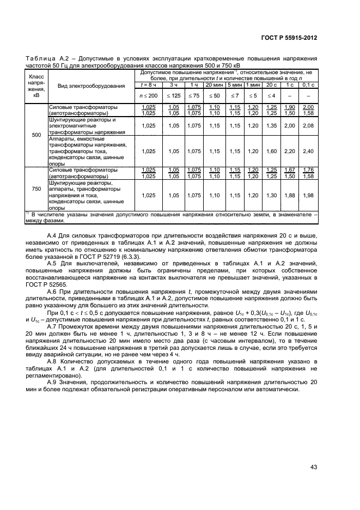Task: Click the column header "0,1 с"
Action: pyautogui.click(x=308, y=85)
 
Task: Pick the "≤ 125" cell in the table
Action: pyautogui.click(x=174, y=95)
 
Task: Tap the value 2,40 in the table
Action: pyautogui.click(x=308, y=151)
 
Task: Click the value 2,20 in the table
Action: pyautogui.click(x=289, y=151)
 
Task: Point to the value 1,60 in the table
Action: pyautogui.click(x=271, y=151)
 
